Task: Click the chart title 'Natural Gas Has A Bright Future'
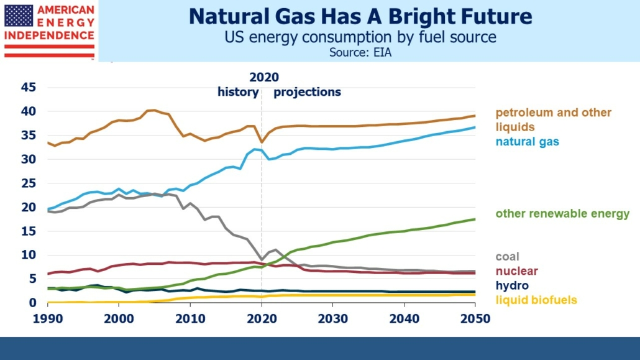(x=360, y=16)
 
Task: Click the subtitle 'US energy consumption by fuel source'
(x=360, y=37)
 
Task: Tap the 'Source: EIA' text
(x=360, y=52)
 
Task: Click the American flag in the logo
(x=19, y=16)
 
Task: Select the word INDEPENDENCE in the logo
(x=49, y=35)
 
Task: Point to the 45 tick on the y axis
(x=29, y=88)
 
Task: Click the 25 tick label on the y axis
(x=29, y=183)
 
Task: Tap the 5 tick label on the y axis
(x=33, y=279)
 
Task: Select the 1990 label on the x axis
(x=47, y=317)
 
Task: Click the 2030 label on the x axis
(x=332, y=317)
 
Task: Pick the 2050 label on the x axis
(x=475, y=317)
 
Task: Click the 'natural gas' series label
(x=527, y=142)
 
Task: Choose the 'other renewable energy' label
(x=562, y=214)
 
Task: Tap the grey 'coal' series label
(x=507, y=257)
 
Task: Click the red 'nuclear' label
(x=516, y=271)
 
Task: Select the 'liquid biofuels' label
(x=536, y=300)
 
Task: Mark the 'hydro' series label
(x=512, y=285)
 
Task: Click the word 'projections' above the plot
(x=307, y=92)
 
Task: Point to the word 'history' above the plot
(x=238, y=92)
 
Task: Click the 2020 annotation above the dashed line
(x=264, y=78)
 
